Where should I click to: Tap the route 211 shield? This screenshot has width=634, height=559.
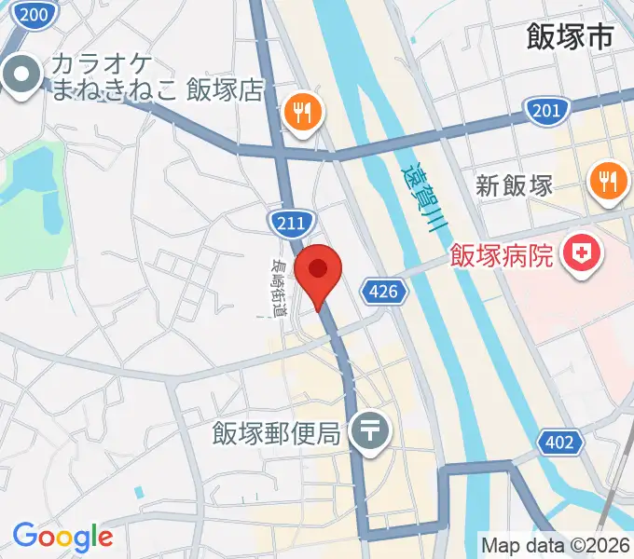[x=288, y=222]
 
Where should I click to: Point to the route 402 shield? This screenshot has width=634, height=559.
[x=558, y=443]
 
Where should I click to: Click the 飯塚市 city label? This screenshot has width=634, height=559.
[x=569, y=36]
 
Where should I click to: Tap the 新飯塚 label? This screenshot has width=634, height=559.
[x=515, y=184]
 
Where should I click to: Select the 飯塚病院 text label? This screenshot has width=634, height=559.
[x=503, y=253]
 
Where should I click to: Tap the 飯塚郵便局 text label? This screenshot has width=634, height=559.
[x=280, y=433]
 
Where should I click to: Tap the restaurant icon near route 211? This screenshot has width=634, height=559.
[x=303, y=113]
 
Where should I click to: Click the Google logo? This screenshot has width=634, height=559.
[x=62, y=537]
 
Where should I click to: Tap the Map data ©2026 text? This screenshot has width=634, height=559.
[x=556, y=545]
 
